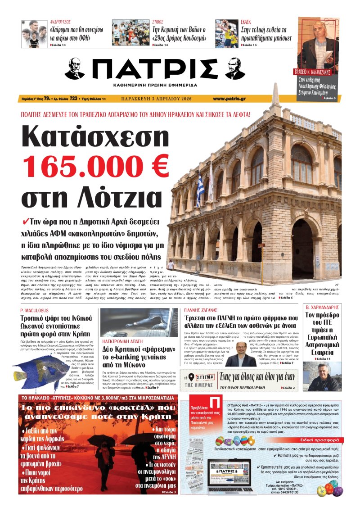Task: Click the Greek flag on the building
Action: click(200, 189)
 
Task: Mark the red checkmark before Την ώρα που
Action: click(25, 222)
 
